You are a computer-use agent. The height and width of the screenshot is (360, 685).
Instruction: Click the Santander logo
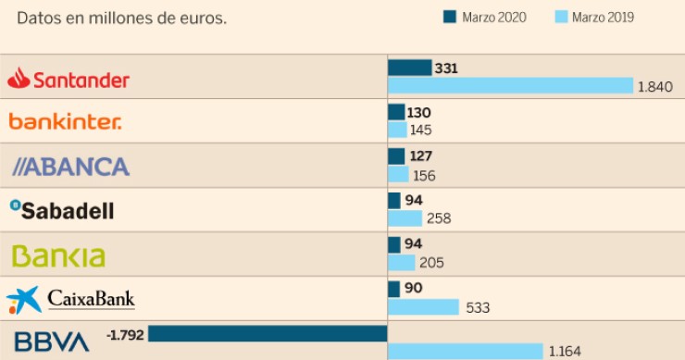[x=68, y=80]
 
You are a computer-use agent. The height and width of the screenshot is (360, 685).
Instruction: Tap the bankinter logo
[x=65, y=121]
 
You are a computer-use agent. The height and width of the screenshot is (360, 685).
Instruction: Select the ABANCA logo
[x=70, y=167]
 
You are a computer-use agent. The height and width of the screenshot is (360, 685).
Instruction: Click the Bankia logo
[x=57, y=255]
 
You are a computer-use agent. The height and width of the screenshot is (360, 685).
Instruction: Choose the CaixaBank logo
[x=70, y=299]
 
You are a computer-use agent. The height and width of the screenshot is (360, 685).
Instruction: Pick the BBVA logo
[x=52, y=341]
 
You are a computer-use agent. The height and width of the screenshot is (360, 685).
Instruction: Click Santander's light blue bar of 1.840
[x=510, y=86]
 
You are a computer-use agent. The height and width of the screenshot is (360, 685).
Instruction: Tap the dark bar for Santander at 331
[x=409, y=68]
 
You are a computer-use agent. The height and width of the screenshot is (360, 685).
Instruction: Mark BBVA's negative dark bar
[x=267, y=333]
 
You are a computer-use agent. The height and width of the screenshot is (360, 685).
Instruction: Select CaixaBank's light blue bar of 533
[x=423, y=307]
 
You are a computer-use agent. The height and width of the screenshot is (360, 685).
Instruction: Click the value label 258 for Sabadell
[x=439, y=218]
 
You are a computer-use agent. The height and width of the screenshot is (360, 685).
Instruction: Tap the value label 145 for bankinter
[x=421, y=130]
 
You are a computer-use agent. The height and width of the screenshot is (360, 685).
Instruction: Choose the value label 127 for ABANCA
[x=421, y=156]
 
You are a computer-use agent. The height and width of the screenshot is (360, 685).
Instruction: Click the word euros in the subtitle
[x=205, y=19]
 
